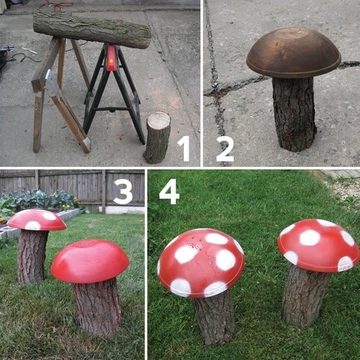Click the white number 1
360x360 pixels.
click(x=184, y=149)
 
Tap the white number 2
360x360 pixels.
click(x=224, y=149)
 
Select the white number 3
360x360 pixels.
click(x=123, y=191)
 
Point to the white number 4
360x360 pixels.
click(x=169, y=191)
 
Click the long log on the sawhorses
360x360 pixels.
click(x=92, y=29)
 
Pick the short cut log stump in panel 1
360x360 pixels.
click(x=157, y=137)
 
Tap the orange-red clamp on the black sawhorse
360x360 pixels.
click(x=111, y=58)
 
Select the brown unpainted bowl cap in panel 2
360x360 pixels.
click(x=293, y=52)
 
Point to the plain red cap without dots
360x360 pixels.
click(x=90, y=261)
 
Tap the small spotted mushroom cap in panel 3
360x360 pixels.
click(x=37, y=219)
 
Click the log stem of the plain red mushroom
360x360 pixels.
click(x=97, y=305)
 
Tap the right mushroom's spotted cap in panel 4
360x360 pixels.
click(x=318, y=244)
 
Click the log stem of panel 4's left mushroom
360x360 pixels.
click(x=213, y=318)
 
